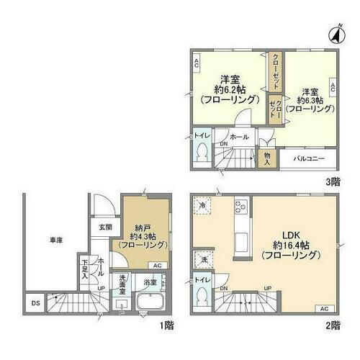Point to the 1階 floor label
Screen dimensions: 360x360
[x=167, y=325]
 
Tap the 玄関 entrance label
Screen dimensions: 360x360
[x=105, y=228]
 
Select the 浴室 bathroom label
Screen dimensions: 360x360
[x=150, y=283]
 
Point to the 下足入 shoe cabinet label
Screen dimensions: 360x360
[x=85, y=269]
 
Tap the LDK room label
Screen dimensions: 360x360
[x=289, y=235]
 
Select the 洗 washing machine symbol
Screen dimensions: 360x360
[x=204, y=259]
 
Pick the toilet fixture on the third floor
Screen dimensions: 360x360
[x=202, y=153]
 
